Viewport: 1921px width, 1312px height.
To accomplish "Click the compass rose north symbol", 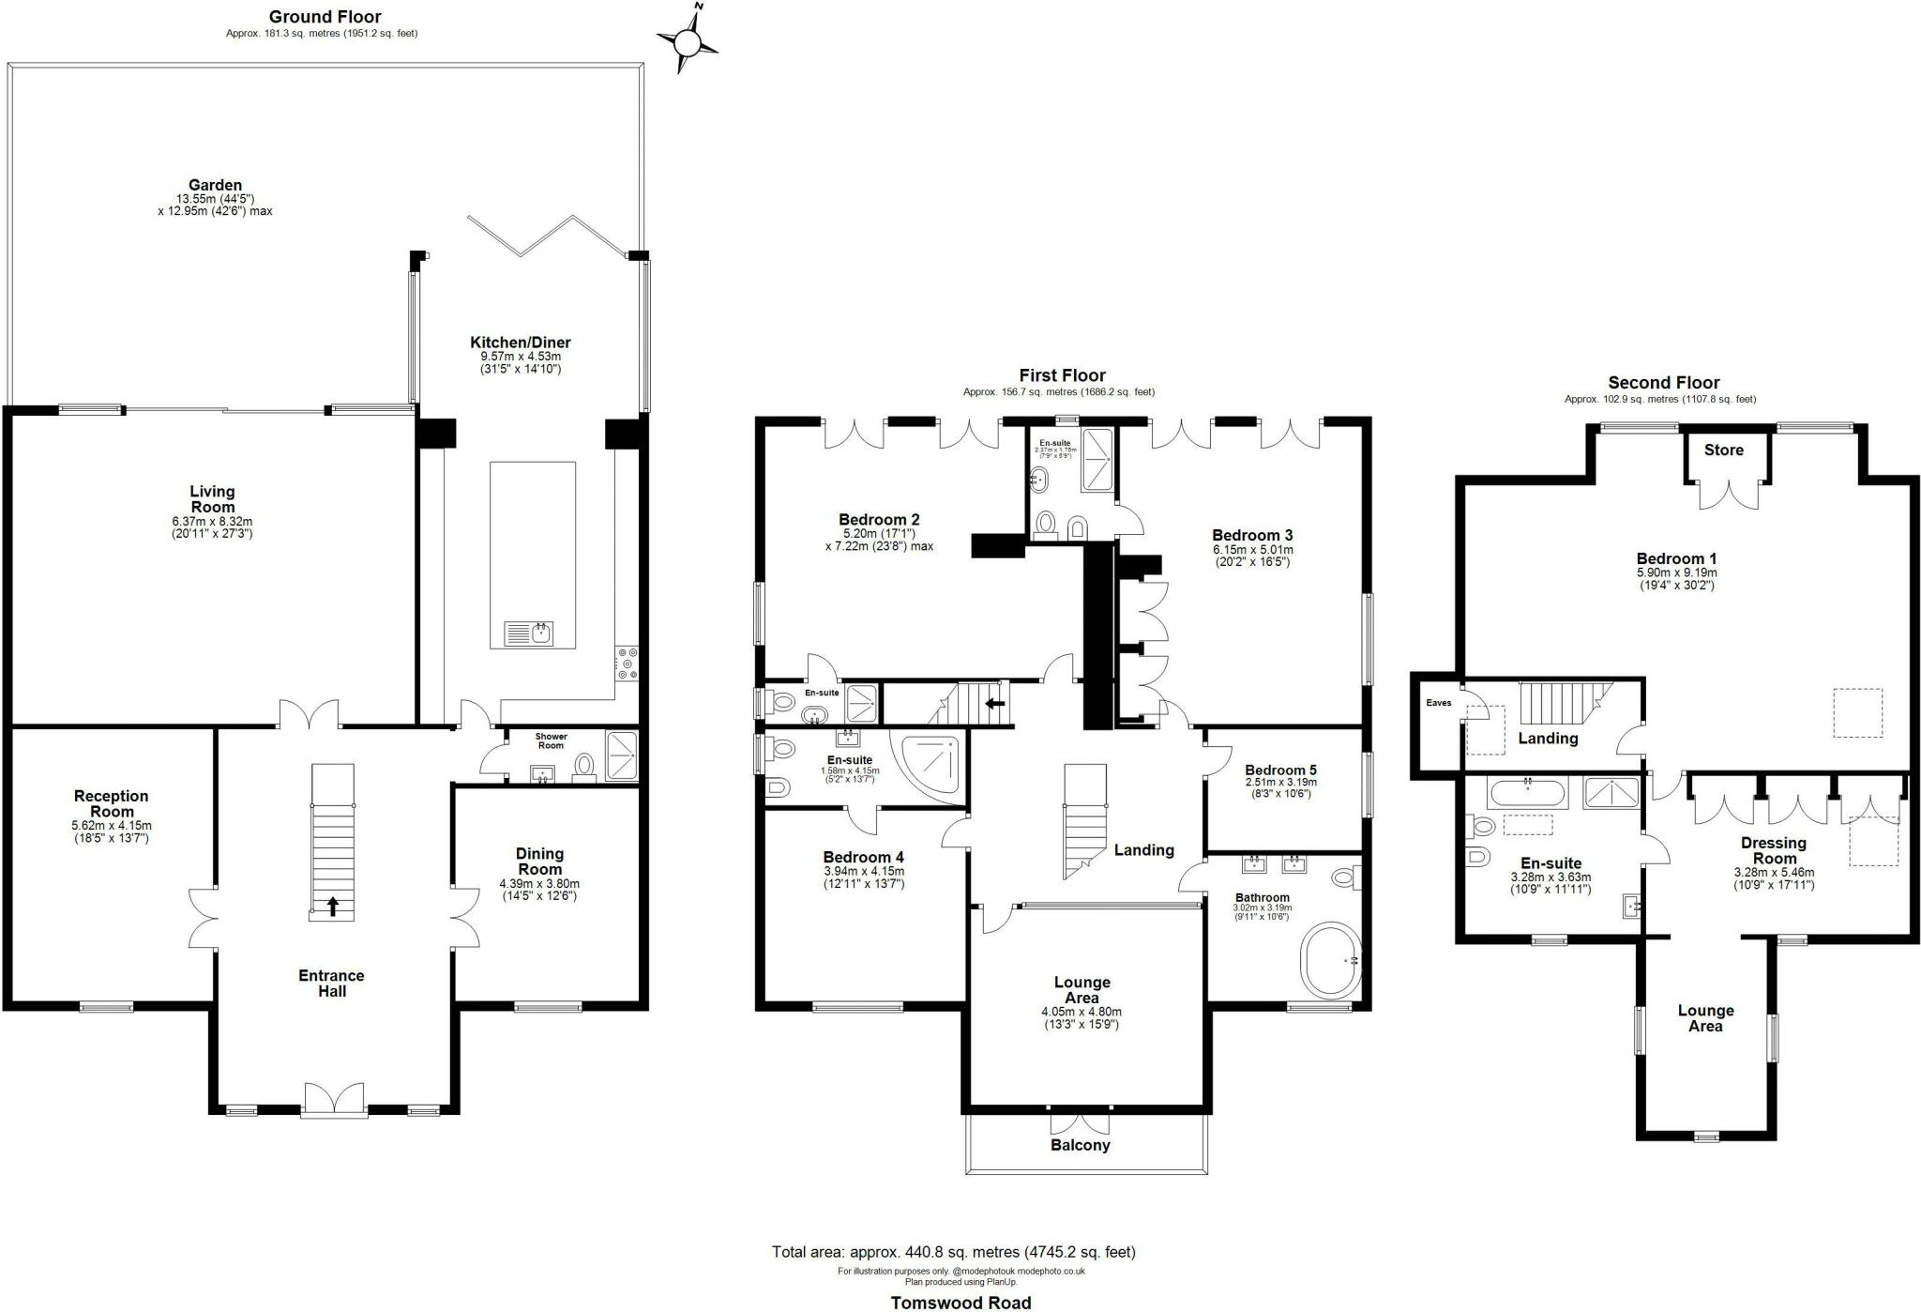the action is point(688,40).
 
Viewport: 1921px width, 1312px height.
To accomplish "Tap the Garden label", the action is point(215,185).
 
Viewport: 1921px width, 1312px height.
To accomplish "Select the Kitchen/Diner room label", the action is point(520,343).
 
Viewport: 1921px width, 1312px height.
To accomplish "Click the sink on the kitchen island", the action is point(530,633).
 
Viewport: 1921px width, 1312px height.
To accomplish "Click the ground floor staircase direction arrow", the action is point(332,906).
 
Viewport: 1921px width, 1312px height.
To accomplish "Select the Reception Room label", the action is point(112,803).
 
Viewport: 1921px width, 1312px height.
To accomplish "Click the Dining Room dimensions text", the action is point(539,890).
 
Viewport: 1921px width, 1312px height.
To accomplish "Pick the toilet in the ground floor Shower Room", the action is point(585,767).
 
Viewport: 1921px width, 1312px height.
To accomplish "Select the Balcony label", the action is point(1081,1145).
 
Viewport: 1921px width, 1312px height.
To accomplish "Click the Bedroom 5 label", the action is point(1281,770).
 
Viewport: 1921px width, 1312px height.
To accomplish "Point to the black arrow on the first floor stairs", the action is point(995,702).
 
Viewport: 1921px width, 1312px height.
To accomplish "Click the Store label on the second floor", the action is point(1724,450).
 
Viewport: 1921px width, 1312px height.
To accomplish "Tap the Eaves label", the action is point(1439,703).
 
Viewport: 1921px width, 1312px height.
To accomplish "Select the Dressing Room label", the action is point(1775,850).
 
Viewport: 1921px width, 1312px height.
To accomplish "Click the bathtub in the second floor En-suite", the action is point(1527,793).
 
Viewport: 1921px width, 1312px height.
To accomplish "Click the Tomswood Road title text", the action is point(960,1302).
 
